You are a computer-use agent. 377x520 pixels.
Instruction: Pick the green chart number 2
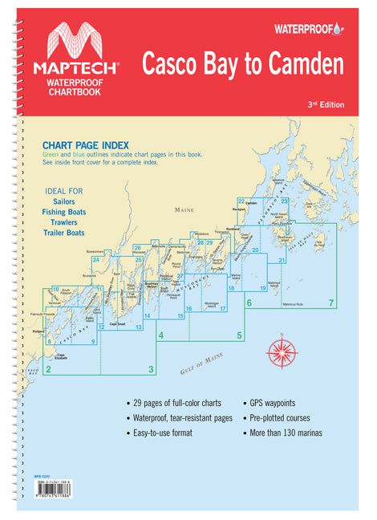click(x=49, y=369)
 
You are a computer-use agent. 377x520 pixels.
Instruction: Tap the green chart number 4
click(x=162, y=335)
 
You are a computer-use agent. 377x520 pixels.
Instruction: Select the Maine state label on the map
click(x=185, y=210)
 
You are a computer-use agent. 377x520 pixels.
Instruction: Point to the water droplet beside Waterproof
click(x=342, y=28)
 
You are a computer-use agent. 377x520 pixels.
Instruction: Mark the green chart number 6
click(x=249, y=303)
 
